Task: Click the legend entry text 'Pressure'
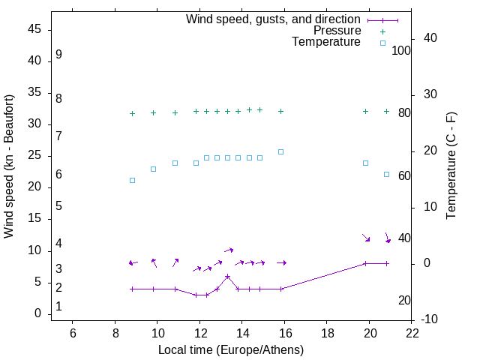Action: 337,31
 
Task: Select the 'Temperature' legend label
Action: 326,43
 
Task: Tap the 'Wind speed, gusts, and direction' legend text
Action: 273,19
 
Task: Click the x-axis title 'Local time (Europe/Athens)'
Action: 231,349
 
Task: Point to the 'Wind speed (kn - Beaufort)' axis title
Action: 9,166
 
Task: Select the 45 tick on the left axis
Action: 34,29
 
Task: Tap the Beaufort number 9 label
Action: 58,55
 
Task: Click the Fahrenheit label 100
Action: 402,50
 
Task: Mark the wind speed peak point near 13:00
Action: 227,276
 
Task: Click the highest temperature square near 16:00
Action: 281,151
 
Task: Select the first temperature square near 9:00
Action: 132,180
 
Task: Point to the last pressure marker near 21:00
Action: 387,111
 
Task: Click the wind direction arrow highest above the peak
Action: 229,250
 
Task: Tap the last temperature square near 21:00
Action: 387,174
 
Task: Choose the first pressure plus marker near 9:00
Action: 132,113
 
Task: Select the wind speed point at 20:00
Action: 365,263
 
